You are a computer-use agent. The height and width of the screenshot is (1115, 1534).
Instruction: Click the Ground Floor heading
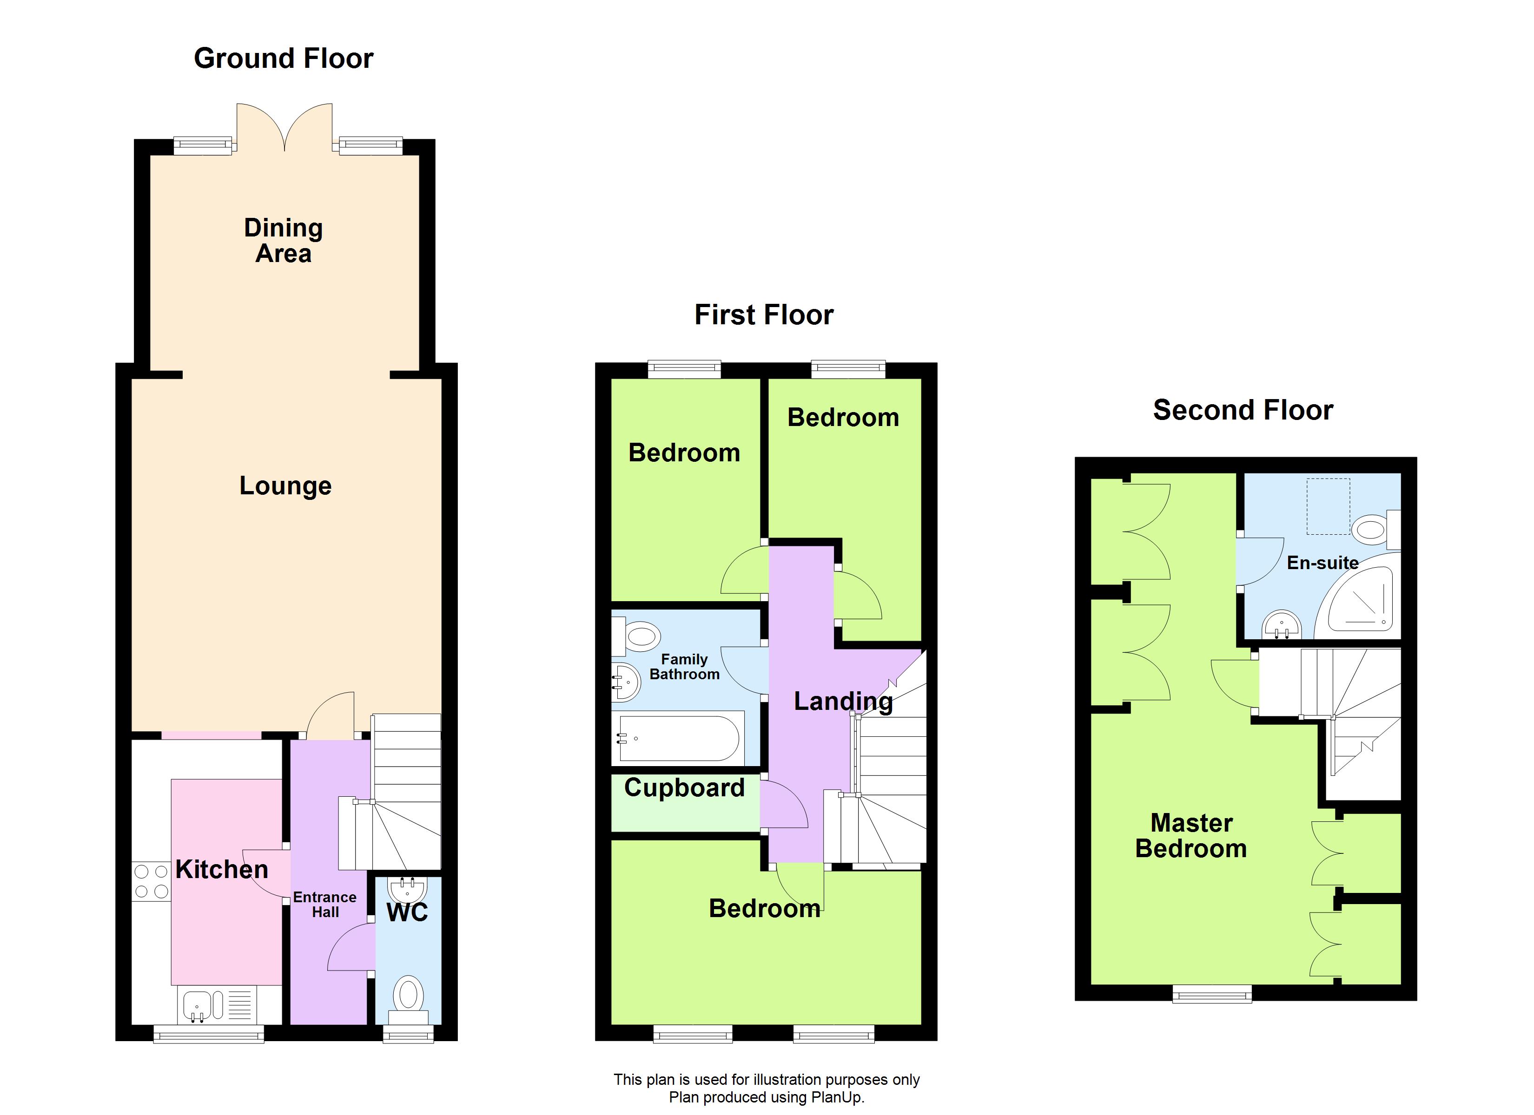pyautogui.click(x=284, y=59)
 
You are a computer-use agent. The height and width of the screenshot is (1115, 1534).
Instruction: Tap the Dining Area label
pyautogui.click(x=284, y=241)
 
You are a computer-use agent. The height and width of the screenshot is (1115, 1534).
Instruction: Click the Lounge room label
pyautogui.click(x=285, y=485)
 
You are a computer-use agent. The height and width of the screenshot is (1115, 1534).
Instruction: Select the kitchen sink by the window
pyautogui.click(x=201, y=1005)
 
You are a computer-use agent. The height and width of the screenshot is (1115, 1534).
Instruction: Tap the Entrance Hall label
pyautogui.click(x=324, y=905)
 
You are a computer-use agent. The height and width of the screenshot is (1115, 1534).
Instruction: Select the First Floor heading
pyautogui.click(x=764, y=315)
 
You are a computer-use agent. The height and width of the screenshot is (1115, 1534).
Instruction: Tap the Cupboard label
pyautogui.click(x=684, y=788)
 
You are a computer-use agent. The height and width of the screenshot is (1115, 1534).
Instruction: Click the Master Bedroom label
pyautogui.click(x=1191, y=836)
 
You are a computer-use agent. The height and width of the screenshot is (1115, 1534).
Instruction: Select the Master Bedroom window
pyautogui.click(x=1212, y=993)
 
